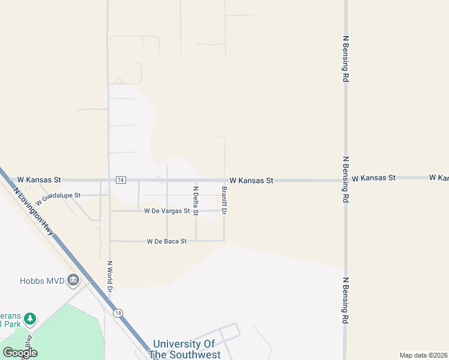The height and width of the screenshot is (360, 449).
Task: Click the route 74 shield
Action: [x=121, y=180]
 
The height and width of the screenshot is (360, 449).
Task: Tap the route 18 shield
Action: [x=119, y=313]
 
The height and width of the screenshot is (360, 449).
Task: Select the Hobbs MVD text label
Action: [x=42, y=280]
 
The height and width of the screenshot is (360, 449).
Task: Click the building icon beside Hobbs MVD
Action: [x=73, y=280]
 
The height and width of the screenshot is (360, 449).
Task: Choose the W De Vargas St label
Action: [x=167, y=211]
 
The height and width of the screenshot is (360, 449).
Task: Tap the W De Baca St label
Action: [x=167, y=241]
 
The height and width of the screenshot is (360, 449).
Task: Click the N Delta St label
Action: [x=196, y=201]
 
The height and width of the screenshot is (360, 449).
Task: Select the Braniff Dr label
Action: [x=224, y=201]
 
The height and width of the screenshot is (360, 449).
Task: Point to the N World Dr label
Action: [x=110, y=275]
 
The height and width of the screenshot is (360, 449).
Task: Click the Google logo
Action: [x=20, y=353]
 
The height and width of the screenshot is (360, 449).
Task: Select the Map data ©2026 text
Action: [x=423, y=355]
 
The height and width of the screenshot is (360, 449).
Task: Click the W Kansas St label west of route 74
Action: [x=39, y=179]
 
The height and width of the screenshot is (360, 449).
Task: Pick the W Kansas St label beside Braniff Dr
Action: [x=251, y=180]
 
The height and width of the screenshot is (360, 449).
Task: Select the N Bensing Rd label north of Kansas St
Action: [x=346, y=59]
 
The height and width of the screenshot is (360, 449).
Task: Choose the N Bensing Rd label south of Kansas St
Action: [x=346, y=300]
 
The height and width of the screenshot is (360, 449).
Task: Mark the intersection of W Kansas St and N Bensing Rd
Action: [x=346, y=180]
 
